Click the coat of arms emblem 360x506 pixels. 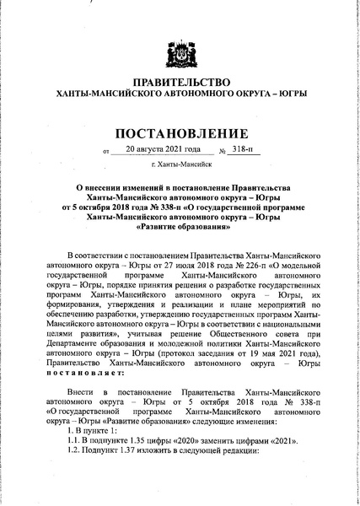(x=179, y=40)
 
